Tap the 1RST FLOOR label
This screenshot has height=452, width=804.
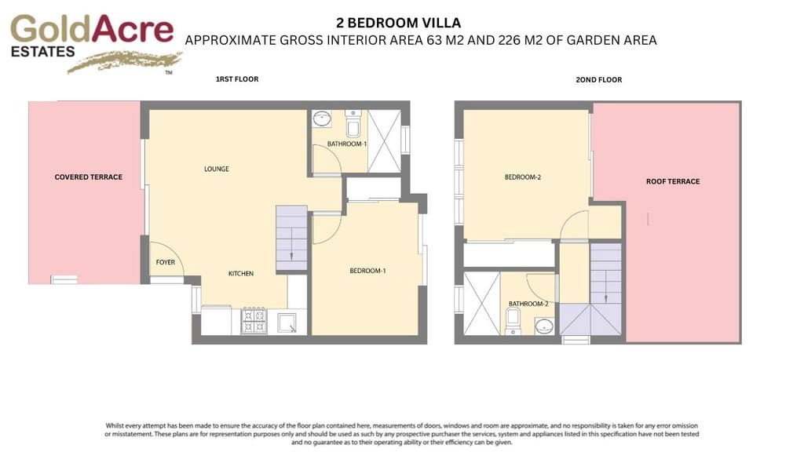pos(237,79)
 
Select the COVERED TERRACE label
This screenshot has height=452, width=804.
pos(88,177)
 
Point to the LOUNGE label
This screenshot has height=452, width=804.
pos(217,169)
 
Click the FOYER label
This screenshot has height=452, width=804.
pos(165,262)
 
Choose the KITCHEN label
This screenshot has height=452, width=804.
pos(240,274)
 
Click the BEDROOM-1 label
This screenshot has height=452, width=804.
pos(367,271)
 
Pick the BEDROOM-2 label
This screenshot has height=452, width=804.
pos(523,177)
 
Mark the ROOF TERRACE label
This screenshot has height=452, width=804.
pos(673,181)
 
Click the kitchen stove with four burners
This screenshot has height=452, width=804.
pos(254,322)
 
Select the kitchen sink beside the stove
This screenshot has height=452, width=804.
pos(287,322)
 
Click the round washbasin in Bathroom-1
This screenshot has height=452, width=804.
pos(321,119)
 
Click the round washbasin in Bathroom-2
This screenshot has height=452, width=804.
pos(543,326)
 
